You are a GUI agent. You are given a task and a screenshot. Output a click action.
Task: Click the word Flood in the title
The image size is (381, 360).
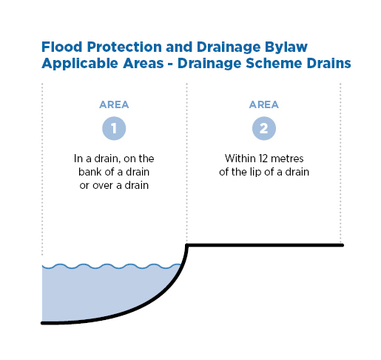[x=62, y=47]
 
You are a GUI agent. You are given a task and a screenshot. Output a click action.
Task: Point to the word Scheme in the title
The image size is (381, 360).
[x=274, y=63]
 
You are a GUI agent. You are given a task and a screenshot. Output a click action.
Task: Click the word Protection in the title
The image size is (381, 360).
[x=124, y=47]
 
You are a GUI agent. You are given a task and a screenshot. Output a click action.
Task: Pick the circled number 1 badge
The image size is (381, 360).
[x=114, y=128]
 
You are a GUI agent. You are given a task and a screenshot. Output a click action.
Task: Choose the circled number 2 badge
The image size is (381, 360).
[x=264, y=128]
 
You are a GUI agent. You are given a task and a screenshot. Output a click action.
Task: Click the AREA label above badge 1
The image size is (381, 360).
[x=114, y=104]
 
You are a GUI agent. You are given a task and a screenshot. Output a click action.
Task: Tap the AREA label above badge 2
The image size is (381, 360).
[x=264, y=104]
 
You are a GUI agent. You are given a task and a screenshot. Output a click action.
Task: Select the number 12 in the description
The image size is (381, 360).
[x=263, y=159]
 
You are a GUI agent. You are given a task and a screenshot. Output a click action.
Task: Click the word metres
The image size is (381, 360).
[x=287, y=159]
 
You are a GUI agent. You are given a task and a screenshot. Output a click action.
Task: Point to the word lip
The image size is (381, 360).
[x=256, y=173]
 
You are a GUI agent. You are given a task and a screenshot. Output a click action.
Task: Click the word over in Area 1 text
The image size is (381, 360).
[x=103, y=185]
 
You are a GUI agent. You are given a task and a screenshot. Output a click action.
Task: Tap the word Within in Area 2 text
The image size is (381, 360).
[x=240, y=159]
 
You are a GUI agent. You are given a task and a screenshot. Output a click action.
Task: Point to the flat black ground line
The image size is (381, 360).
[x=265, y=245]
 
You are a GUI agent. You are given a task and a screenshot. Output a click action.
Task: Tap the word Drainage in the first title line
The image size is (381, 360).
[x=229, y=47]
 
